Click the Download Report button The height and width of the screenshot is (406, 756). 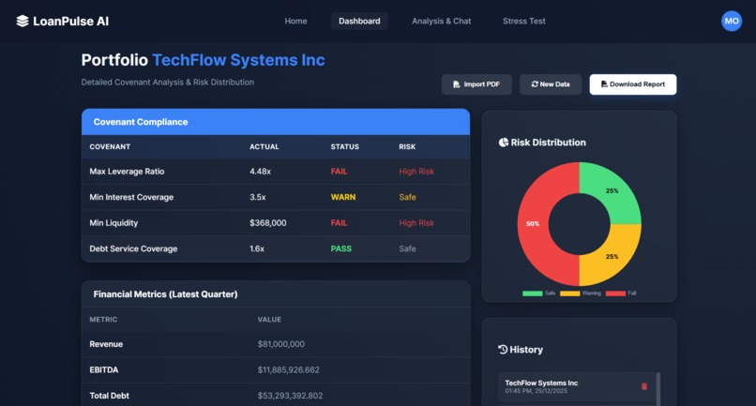[x=632, y=84]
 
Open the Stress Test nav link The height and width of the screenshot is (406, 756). [x=523, y=21]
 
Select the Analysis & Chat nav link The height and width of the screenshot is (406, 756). [x=441, y=21]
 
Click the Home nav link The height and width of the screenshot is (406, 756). [x=295, y=21]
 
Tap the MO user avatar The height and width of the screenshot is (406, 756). [x=731, y=21]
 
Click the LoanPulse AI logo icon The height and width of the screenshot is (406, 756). [x=23, y=21]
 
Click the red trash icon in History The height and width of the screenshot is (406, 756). [x=643, y=386]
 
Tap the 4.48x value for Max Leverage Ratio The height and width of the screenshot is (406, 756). [x=260, y=172]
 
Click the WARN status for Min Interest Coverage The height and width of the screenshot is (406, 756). [x=343, y=198]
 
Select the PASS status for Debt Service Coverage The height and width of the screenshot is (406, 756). [x=341, y=249]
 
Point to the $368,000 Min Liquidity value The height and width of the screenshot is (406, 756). [x=268, y=223]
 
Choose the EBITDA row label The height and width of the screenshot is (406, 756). [x=103, y=369]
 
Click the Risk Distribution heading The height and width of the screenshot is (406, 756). [x=548, y=143]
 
